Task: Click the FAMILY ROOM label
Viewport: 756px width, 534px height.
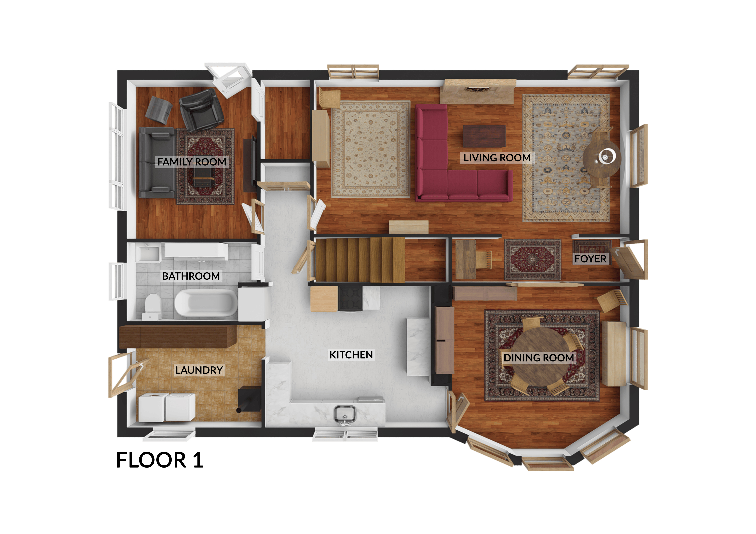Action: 192,162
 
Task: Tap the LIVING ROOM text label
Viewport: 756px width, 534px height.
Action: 497,158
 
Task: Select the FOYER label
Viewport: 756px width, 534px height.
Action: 590,259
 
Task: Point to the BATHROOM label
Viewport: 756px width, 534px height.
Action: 191,276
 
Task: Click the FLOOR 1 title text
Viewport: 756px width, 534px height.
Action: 160,460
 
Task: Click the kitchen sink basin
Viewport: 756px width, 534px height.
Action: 345,414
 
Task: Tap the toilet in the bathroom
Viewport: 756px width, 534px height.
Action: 152,306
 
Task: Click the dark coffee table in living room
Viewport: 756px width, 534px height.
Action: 484,136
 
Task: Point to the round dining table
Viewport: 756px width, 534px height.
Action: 540,357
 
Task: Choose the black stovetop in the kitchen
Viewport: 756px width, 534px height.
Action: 350,298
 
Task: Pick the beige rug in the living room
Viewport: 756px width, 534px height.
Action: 371,149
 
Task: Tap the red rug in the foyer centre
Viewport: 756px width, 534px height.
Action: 533,260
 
